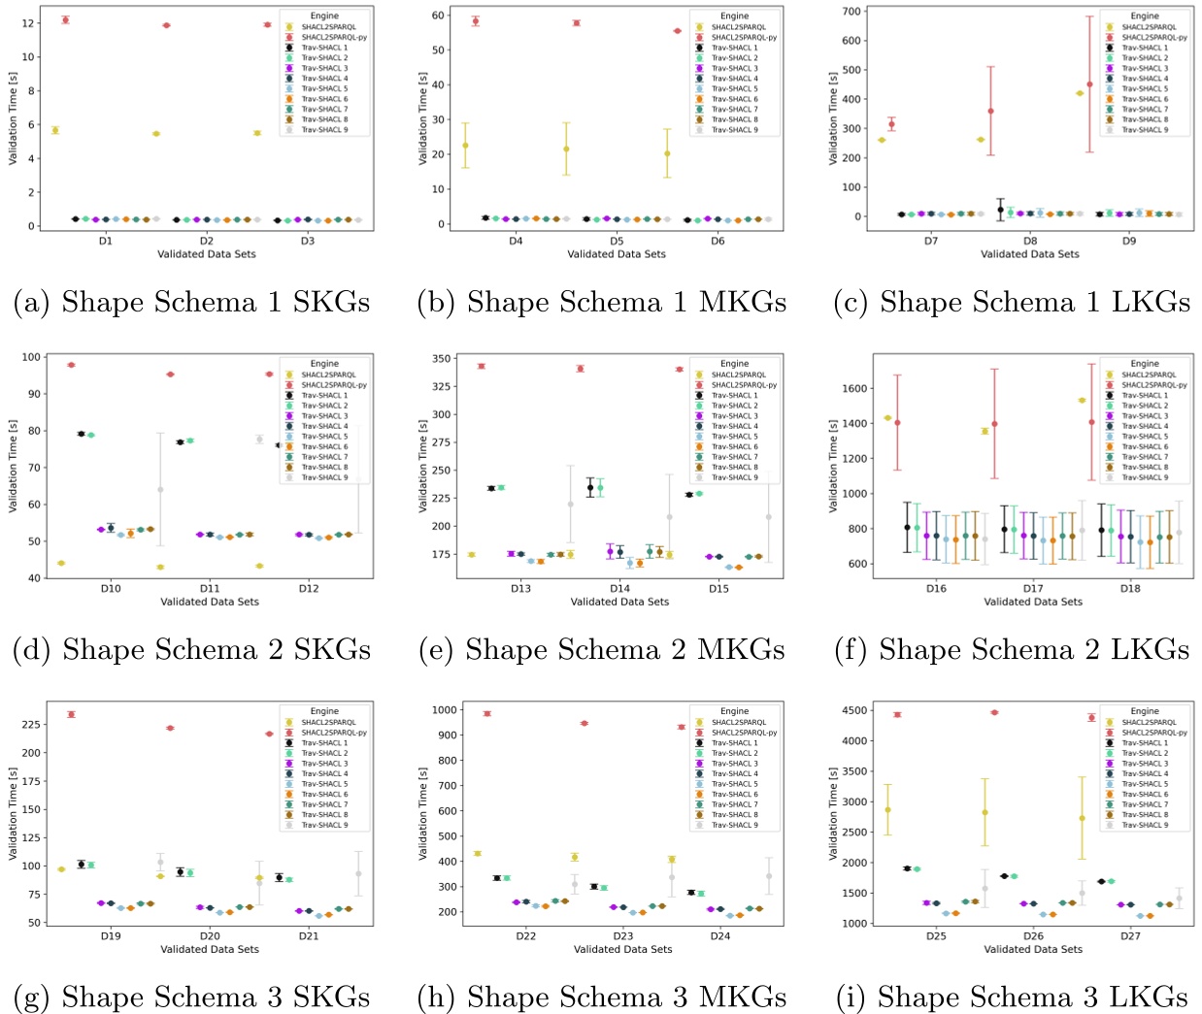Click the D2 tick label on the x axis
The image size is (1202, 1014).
[x=207, y=241]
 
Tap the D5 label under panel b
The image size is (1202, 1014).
[x=617, y=241]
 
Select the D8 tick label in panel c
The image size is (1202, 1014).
[x=1030, y=241]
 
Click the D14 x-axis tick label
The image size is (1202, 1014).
[x=619, y=588]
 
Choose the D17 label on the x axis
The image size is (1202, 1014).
[x=1033, y=588]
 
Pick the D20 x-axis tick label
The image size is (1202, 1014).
[x=210, y=936]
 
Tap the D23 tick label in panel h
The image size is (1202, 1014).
[x=622, y=936]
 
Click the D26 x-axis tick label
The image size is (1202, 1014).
[x=1033, y=936]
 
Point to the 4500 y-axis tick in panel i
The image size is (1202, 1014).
[x=849, y=710]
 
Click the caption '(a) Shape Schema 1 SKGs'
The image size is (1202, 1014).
[x=191, y=303]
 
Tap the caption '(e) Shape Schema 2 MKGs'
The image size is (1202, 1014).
[x=602, y=650]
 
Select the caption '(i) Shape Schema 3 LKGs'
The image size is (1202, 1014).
[x=1011, y=998]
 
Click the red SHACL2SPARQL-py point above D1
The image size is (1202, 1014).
[x=65, y=19]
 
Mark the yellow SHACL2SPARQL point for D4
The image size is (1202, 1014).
[x=465, y=146]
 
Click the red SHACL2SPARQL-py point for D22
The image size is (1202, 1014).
[x=487, y=713]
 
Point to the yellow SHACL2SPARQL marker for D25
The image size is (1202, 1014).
[x=887, y=810]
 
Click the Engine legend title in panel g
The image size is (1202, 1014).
[x=324, y=711]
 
